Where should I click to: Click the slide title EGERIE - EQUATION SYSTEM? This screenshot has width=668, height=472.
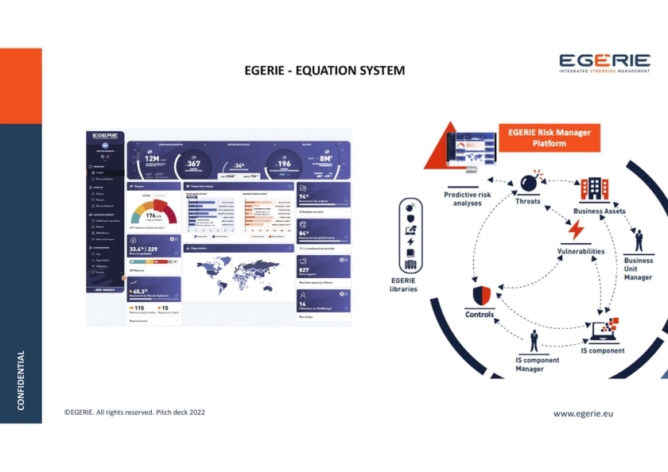(x=324, y=71)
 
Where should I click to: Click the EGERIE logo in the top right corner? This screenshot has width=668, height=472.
(x=604, y=63)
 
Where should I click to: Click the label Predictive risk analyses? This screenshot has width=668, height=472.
(x=468, y=199)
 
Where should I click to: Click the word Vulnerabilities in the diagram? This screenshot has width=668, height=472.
(x=581, y=251)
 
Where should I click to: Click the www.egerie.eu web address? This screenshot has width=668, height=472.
(x=583, y=413)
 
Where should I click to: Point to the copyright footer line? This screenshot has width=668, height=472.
(x=134, y=412)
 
